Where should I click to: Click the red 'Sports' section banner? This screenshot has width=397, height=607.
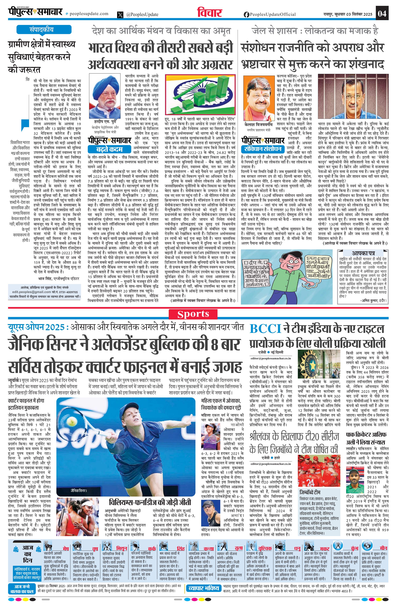pyautogui.click(x=193, y=314)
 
